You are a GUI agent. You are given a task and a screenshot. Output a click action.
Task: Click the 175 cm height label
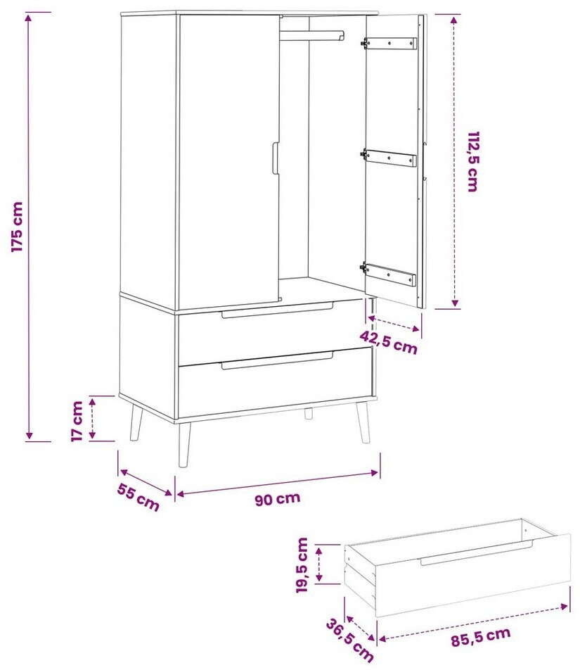[x=17, y=227]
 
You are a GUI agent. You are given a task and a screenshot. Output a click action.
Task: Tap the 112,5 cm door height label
[x=473, y=162]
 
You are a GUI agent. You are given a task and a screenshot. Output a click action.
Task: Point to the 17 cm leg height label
[x=77, y=421]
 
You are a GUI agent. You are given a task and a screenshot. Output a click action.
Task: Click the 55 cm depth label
[x=138, y=497]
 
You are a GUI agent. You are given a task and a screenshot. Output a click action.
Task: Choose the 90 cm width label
[x=278, y=499]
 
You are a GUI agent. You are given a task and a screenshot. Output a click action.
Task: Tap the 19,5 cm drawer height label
[x=302, y=565]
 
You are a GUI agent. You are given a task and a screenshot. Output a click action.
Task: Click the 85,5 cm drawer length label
[x=481, y=637]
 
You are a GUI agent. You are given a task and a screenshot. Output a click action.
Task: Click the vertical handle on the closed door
[x=276, y=158]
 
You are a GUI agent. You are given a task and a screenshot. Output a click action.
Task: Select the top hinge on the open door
[x=389, y=43]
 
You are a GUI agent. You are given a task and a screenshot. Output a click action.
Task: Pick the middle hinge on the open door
[x=389, y=158]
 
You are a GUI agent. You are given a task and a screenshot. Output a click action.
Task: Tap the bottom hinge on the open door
[x=388, y=274]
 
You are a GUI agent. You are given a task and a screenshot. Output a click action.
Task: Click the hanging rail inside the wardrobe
[x=311, y=36]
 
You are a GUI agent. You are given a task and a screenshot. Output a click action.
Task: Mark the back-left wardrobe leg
[x=135, y=422]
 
